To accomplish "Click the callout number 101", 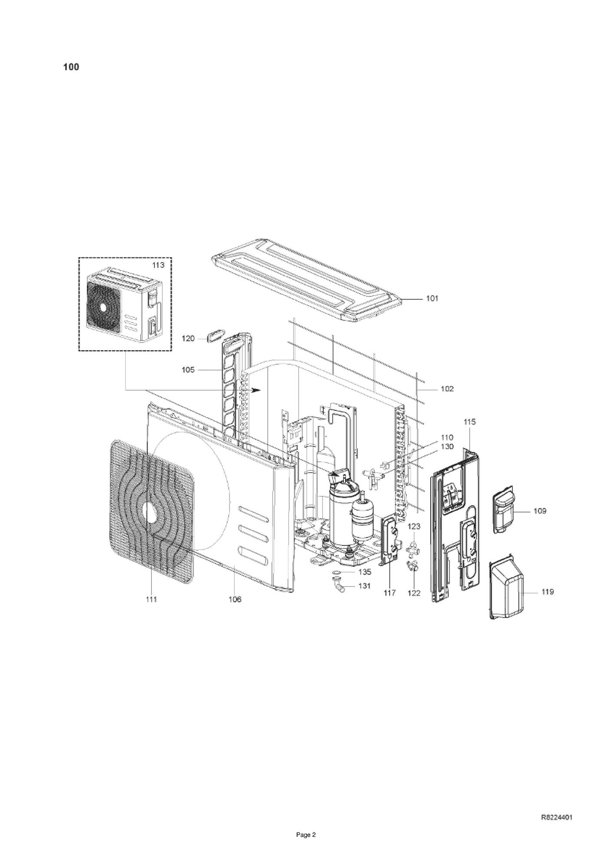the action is click(x=432, y=299).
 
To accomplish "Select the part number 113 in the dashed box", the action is click(x=158, y=265).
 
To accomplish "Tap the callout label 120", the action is click(x=188, y=339).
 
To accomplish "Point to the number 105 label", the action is click(x=188, y=370).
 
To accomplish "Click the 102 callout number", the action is click(x=447, y=389).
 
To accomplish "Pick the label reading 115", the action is click(x=470, y=421).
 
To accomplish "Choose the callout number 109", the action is click(x=540, y=511).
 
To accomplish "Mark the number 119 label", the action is click(x=547, y=592).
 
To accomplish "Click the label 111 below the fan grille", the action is click(x=151, y=599).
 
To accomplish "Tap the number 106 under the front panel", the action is click(x=235, y=599).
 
